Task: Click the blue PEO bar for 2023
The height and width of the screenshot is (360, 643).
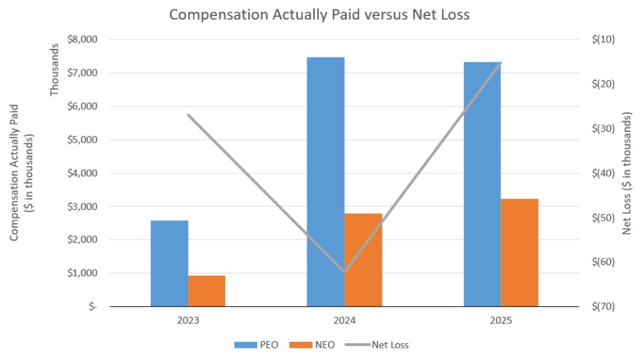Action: pyautogui.click(x=169, y=263)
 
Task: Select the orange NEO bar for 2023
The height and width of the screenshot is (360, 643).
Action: pyautogui.click(x=207, y=291)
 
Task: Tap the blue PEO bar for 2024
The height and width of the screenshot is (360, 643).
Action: pyautogui.click(x=326, y=181)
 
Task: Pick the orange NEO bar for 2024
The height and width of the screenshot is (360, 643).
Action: pyautogui.click(x=363, y=259)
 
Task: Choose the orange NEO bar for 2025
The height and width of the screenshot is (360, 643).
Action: pyautogui.click(x=520, y=252)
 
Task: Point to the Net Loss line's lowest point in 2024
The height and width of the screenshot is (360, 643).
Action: pyautogui.click(x=344, y=272)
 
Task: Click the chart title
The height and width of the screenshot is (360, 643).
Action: pyautogui.click(x=320, y=15)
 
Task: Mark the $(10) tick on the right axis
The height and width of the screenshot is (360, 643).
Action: pyautogui.click(x=604, y=39)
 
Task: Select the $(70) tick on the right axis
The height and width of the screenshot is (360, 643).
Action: pyautogui.click(x=604, y=307)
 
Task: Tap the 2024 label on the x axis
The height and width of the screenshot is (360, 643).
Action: pyautogui.click(x=344, y=320)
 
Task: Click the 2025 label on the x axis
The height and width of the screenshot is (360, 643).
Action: pyautogui.click(x=501, y=320)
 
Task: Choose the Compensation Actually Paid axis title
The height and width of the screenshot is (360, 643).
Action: pyautogui.click(x=21, y=173)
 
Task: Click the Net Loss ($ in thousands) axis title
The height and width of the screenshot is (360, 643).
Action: pyautogui.click(x=628, y=173)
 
